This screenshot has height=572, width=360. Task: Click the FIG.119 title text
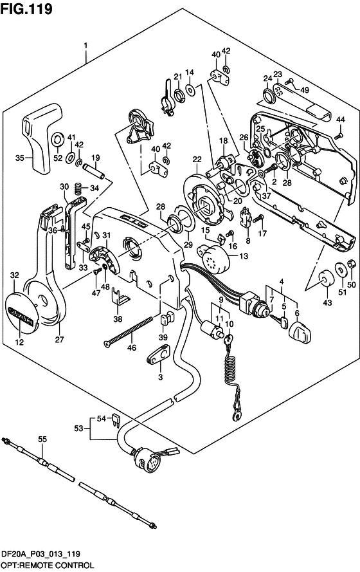pos(26,8)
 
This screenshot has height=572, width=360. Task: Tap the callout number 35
pos(20,158)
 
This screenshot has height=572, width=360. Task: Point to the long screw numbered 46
pos(128,332)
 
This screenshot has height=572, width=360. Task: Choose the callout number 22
pos(197,159)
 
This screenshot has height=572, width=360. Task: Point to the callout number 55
pos(42,439)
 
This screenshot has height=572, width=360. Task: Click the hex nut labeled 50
pos(351,263)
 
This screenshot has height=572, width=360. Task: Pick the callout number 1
pos(85,46)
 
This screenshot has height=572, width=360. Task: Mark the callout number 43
pos(328,302)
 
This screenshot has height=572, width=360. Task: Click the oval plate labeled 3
pos(159,355)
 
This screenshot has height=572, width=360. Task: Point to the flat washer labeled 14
pos(190,89)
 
